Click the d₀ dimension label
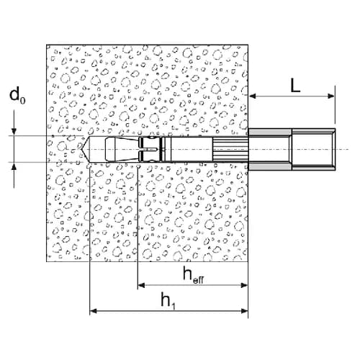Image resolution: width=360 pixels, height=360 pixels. click(17, 95)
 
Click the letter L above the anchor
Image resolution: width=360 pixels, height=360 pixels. click(295, 85)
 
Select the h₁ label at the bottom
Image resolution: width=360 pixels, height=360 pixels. click(168, 301)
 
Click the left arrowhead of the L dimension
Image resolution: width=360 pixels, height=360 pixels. click(253, 96)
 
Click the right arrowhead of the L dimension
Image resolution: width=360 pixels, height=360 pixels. click(331, 96)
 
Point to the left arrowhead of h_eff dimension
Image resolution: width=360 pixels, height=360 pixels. click(141, 285)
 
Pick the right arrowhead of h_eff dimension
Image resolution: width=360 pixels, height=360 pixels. click(244, 285)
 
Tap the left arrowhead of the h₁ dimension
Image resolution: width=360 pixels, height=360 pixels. click(94, 311)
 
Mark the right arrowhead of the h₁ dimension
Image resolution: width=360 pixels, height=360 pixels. click(244, 311)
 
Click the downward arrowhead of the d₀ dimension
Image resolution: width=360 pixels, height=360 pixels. click(14, 132)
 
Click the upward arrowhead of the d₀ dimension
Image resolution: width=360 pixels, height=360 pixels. click(14, 166)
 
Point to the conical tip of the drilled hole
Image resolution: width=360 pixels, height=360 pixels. click(82, 149)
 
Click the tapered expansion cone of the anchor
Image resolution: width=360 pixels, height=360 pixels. click(122, 149)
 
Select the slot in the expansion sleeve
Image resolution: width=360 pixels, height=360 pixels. click(149, 150)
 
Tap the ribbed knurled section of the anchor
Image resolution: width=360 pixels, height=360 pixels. click(230, 149)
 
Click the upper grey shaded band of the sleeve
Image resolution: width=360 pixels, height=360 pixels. click(270, 132)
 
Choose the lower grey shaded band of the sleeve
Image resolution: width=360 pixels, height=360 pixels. click(270, 166)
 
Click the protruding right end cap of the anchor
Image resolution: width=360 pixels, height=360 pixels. click(313, 149)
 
